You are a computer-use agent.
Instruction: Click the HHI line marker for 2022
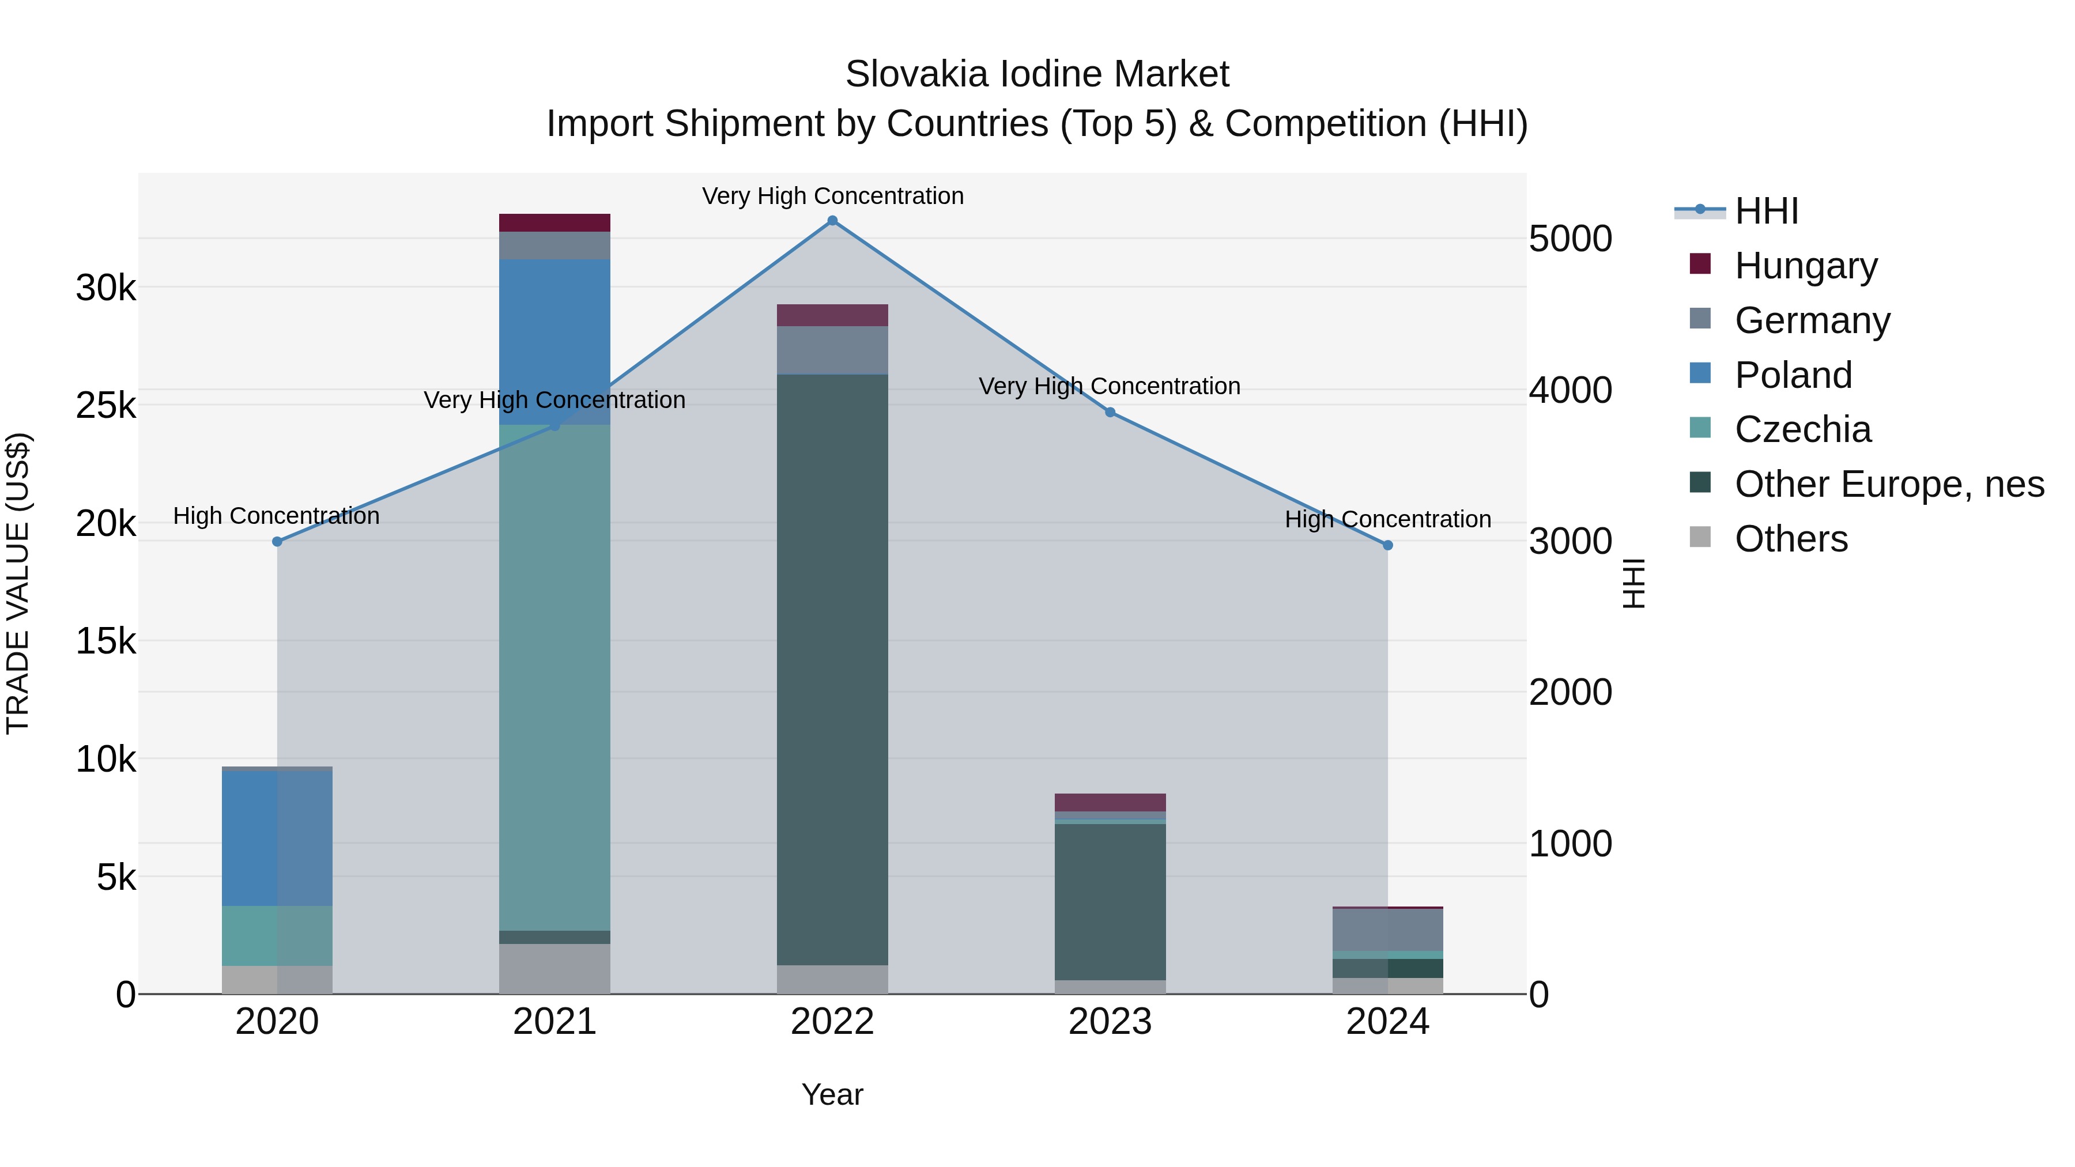pyautogui.click(x=832, y=221)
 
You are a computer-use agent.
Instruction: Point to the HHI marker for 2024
pyautogui.click(x=1388, y=545)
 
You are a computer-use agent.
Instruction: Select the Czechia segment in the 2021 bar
pyautogui.click(x=554, y=677)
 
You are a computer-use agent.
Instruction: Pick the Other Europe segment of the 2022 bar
pyautogui.click(x=832, y=669)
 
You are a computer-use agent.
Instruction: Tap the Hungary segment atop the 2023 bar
pyautogui.click(x=1110, y=802)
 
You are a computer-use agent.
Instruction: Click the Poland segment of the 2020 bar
pyautogui.click(x=277, y=837)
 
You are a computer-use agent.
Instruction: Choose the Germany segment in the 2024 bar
pyautogui.click(x=1388, y=930)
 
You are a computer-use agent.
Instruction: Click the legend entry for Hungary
pyautogui.click(x=1805, y=266)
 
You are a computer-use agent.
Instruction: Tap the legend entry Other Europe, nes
pyautogui.click(x=1889, y=484)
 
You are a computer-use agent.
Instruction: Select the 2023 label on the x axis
pyautogui.click(x=1110, y=1022)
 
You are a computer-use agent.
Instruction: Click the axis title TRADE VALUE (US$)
pyautogui.click(x=18, y=583)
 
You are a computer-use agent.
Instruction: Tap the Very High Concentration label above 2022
pyautogui.click(x=832, y=196)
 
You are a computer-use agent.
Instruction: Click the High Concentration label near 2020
pyautogui.click(x=276, y=515)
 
